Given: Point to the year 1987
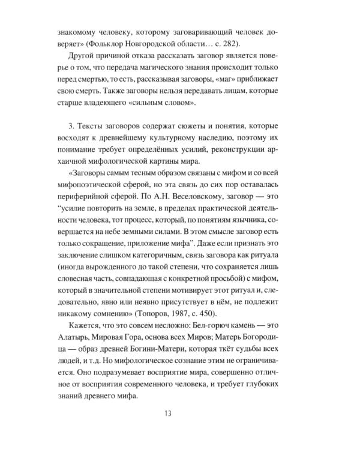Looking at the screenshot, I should click(197, 315).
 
